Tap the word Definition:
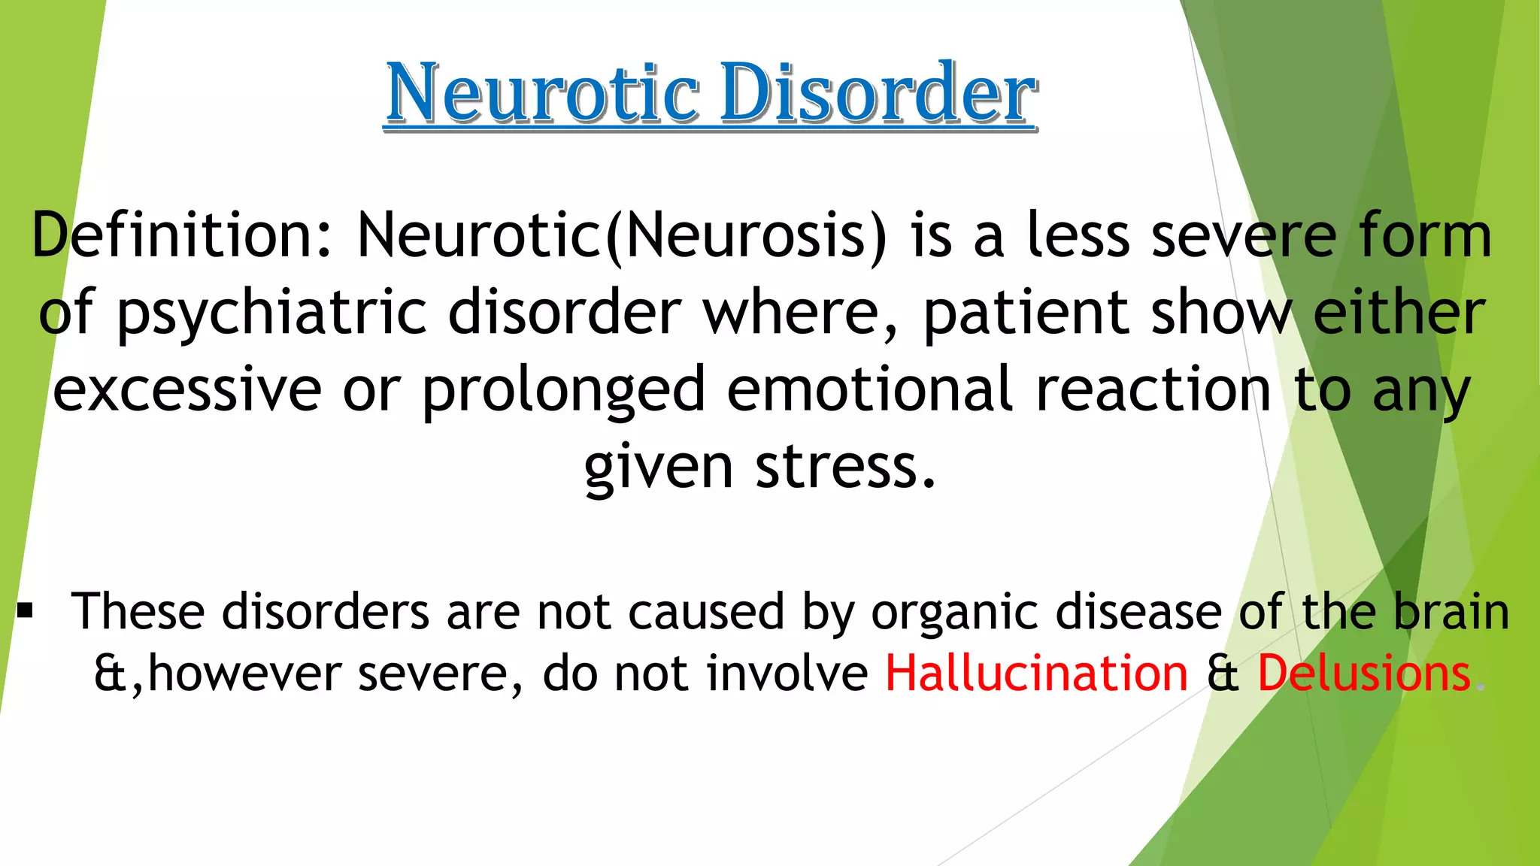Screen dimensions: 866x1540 tap(181, 235)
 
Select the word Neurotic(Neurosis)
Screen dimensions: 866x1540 tap(622, 235)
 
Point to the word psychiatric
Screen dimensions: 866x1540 tap(271, 314)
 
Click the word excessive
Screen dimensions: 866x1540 tap(187, 389)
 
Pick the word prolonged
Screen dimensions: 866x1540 tap(563, 391)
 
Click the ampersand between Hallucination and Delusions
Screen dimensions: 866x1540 tap(1223, 674)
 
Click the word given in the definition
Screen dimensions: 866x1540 tap(658, 468)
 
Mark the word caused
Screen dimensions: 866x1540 tap(706, 610)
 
